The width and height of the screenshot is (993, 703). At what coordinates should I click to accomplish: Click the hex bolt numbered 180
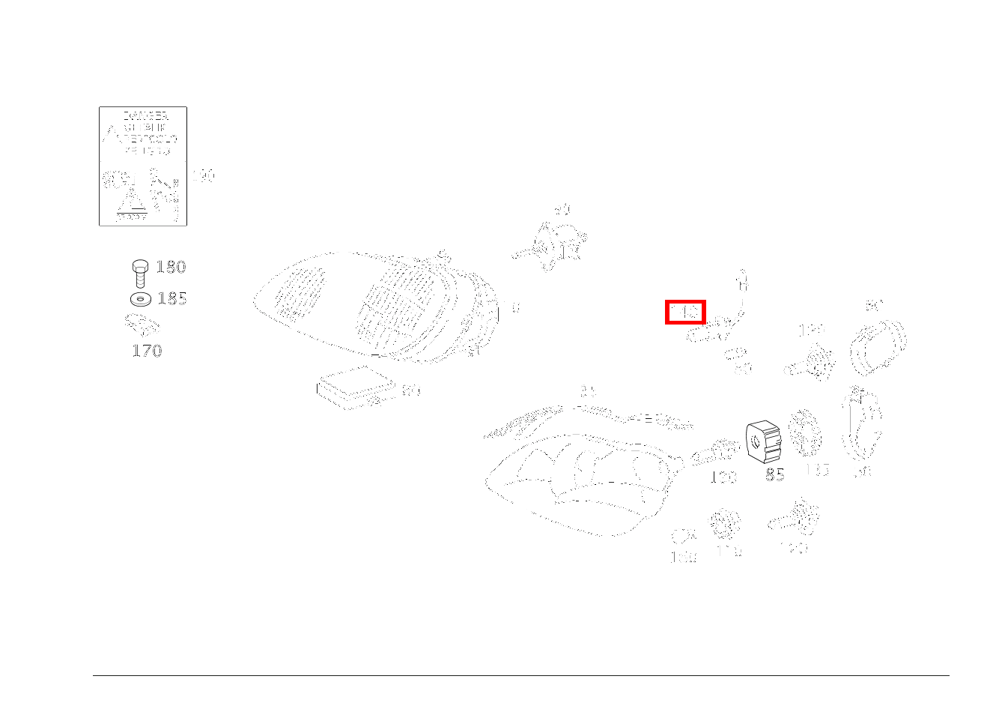[x=139, y=272]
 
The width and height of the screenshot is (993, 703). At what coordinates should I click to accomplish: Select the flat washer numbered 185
[x=140, y=298]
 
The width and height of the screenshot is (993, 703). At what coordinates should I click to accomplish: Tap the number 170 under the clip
[x=147, y=350]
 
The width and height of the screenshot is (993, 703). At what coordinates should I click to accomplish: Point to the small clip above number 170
[x=142, y=325]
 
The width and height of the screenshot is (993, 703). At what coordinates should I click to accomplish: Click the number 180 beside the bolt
[x=171, y=267]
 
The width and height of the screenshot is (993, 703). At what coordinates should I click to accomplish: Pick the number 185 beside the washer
[x=171, y=298]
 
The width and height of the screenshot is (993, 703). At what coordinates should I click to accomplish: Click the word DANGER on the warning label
[x=145, y=117]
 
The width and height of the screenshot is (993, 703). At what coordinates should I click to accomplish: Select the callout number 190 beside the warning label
[x=203, y=176]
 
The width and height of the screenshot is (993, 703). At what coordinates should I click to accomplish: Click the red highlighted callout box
[x=685, y=312]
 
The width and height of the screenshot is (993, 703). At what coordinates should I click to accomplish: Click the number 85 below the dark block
[x=774, y=474]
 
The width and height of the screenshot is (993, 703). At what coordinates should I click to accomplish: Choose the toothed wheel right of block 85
[x=805, y=433]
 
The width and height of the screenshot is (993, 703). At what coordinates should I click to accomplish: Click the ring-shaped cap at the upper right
[x=878, y=346]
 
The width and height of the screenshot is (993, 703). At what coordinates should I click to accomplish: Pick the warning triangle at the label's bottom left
[x=132, y=200]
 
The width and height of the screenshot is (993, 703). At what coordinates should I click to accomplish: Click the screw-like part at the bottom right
[x=795, y=518]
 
